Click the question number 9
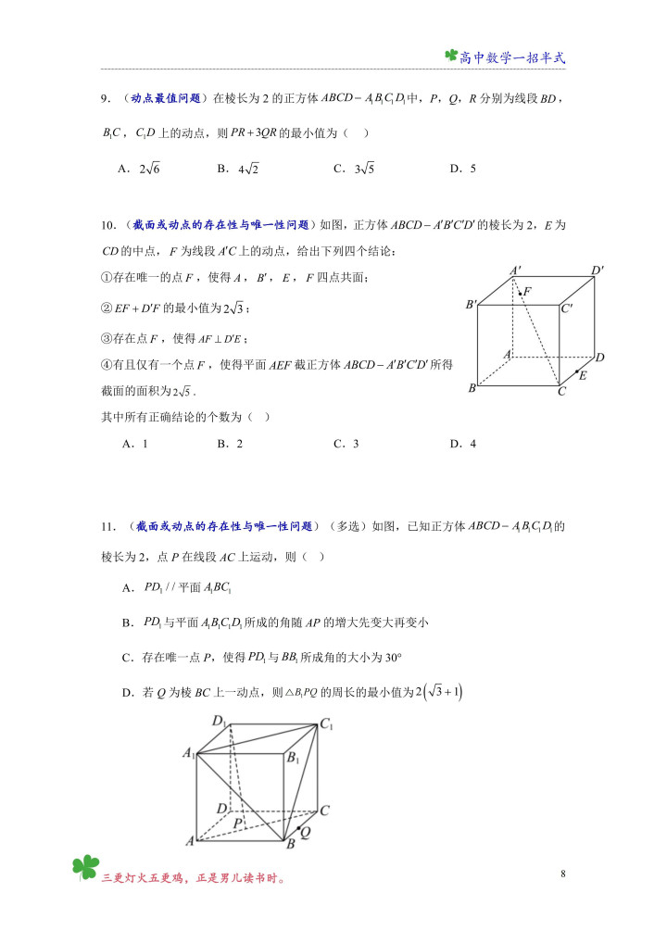click(107, 97)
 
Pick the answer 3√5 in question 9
click(353, 169)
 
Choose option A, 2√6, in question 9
click(140, 169)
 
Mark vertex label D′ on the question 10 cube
click(598, 270)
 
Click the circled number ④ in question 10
click(107, 365)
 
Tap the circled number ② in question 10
click(107, 308)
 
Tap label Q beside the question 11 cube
click(305, 833)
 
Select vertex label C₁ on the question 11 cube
click(327, 725)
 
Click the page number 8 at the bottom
click(563, 874)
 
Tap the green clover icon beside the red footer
click(85, 868)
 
